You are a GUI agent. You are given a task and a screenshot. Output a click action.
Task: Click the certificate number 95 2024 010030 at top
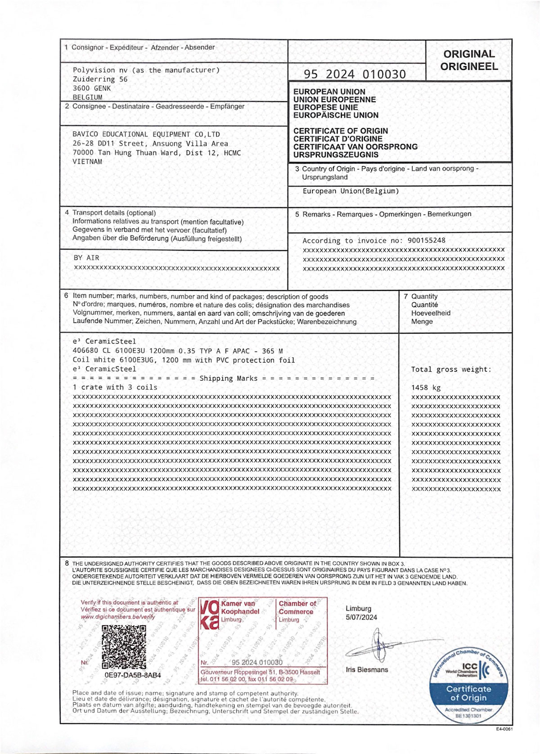(x=355, y=74)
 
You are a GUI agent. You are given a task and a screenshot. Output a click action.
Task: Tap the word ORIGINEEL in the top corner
(x=469, y=67)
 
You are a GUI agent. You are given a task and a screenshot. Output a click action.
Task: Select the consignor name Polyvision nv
(x=94, y=70)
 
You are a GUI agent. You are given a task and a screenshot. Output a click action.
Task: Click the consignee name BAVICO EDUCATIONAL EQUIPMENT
(x=146, y=134)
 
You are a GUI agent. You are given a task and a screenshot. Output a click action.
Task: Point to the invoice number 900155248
(x=426, y=240)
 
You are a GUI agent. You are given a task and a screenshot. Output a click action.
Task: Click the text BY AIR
(x=86, y=258)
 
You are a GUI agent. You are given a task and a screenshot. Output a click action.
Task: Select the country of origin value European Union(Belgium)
(x=351, y=191)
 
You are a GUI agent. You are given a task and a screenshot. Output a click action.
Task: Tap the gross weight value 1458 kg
(x=426, y=388)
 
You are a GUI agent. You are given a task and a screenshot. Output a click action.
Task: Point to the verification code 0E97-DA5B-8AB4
(x=133, y=675)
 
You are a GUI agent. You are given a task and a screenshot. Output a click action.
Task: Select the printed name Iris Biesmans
(x=367, y=669)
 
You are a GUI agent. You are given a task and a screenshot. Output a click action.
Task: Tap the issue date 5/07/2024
(x=361, y=617)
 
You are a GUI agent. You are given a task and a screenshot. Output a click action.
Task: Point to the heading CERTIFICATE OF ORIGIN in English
(x=340, y=131)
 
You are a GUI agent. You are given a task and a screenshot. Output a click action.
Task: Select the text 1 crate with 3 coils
(x=115, y=387)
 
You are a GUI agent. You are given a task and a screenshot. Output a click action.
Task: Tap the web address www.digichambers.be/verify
(x=118, y=617)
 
